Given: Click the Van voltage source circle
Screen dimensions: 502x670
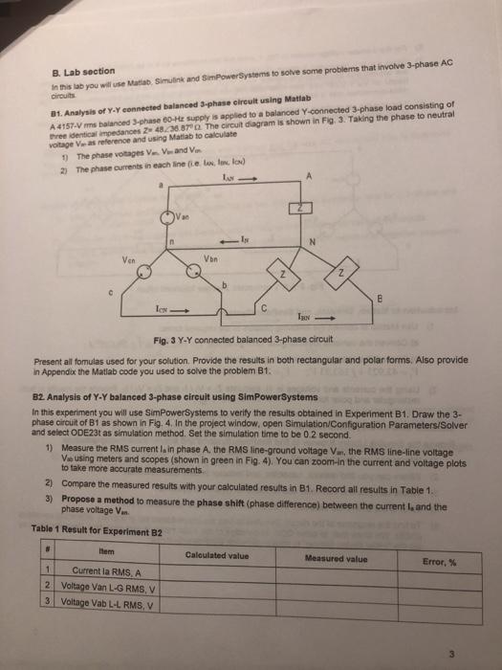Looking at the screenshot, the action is coord(165,217).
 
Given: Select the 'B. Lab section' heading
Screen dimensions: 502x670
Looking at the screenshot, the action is coord(80,73).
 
